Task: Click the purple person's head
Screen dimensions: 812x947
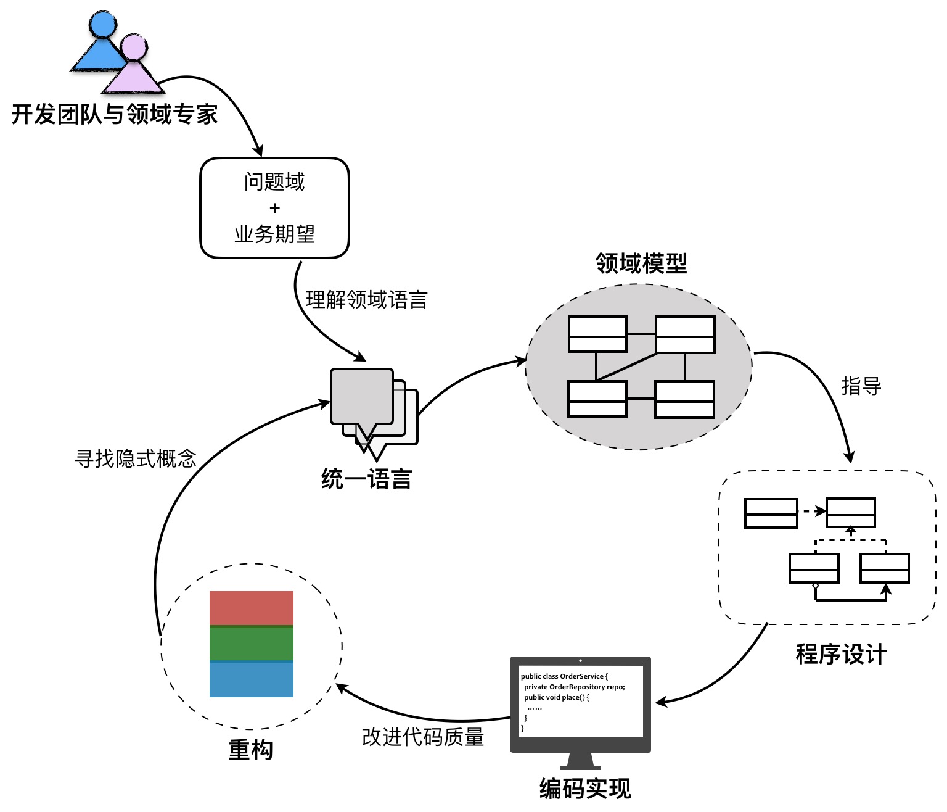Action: click(133, 48)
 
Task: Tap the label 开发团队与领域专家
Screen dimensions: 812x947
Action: click(115, 115)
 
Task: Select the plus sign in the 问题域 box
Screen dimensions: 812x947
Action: click(275, 208)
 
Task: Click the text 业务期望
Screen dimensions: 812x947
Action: click(275, 234)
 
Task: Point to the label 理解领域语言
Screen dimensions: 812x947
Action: click(366, 300)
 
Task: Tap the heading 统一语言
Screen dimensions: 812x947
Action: click(366, 479)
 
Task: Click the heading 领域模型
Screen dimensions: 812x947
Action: click(641, 263)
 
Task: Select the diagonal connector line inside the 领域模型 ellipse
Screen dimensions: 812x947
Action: click(626, 367)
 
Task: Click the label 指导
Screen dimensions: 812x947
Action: click(861, 386)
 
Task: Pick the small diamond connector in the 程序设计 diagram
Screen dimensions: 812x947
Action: click(815, 586)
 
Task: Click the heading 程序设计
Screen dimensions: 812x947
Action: click(841, 654)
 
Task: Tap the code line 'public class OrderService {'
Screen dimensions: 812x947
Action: click(564, 676)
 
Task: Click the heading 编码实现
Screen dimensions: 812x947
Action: click(585, 789)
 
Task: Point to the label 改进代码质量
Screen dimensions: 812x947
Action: click(423, 737)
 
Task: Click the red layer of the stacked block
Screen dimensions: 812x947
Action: click(252, 608)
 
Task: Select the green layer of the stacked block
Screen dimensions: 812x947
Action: click(252, 644)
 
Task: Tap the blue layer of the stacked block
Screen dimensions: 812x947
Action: click(252, 679)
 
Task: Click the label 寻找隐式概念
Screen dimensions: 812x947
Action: click(136, 458)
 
